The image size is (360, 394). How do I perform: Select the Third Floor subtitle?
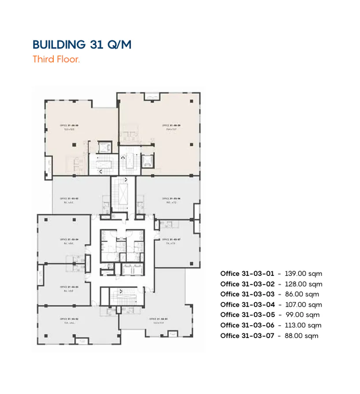click(x=56, y=59)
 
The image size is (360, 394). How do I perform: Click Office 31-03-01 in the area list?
click(x=247, y=274)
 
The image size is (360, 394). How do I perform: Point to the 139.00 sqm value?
click(x=303, y=274)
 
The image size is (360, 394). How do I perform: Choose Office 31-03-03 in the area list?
click(x=247, y=294)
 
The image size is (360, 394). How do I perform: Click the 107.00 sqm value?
click(x=303, y=305)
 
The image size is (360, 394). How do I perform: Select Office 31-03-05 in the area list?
click(x=247, y=315)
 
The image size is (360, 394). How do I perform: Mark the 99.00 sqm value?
click(x=302, y=315)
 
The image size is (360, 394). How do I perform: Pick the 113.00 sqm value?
click(x=303, y=325)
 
